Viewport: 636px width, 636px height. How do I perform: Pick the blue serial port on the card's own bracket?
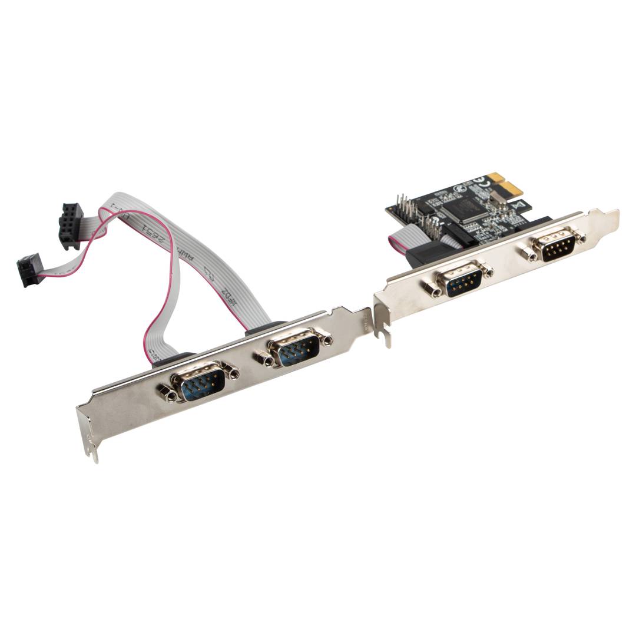pos(463,279)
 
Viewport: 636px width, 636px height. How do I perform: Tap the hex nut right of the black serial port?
pos(580,237)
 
